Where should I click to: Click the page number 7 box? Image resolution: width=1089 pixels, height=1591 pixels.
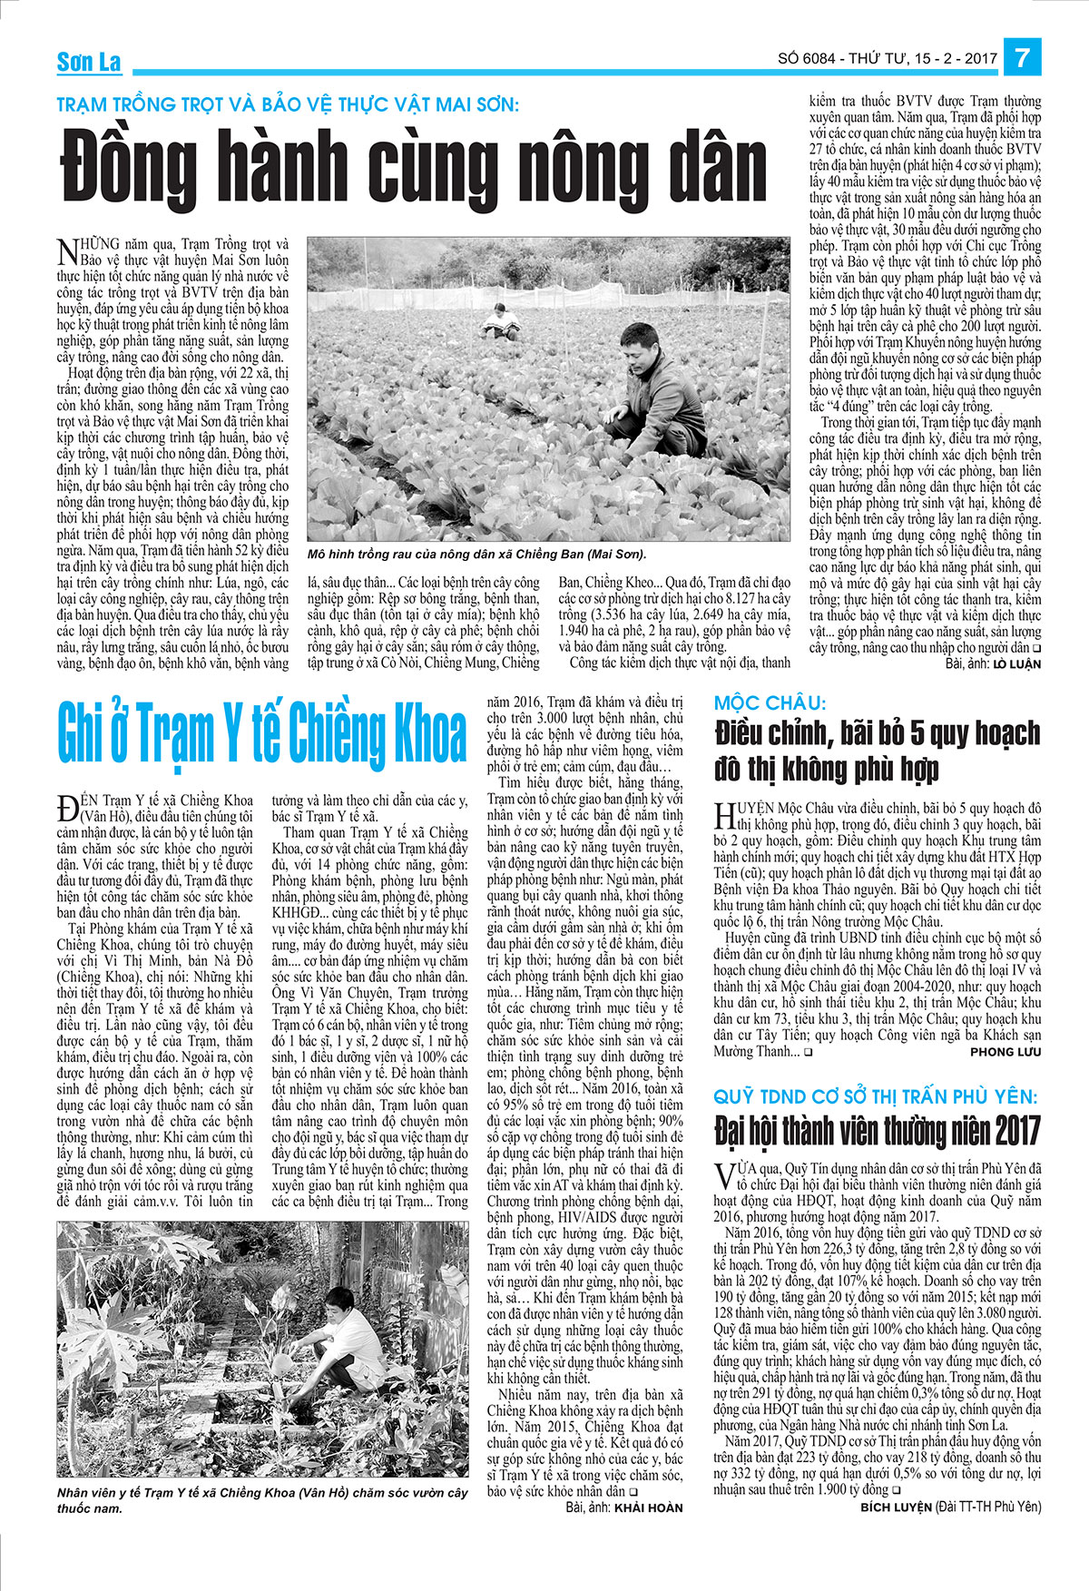(x=1022, y=58)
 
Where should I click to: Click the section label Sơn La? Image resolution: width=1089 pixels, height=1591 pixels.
(x=89, y=62)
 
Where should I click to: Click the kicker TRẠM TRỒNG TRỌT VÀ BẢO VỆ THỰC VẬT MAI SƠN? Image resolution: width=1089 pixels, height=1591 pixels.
(x=287, y=104)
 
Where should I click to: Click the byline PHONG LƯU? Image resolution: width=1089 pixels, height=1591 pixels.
(x=1005, y=1052)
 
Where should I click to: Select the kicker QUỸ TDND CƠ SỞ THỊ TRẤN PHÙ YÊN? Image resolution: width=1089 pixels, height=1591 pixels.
(x=875, y=1096)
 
